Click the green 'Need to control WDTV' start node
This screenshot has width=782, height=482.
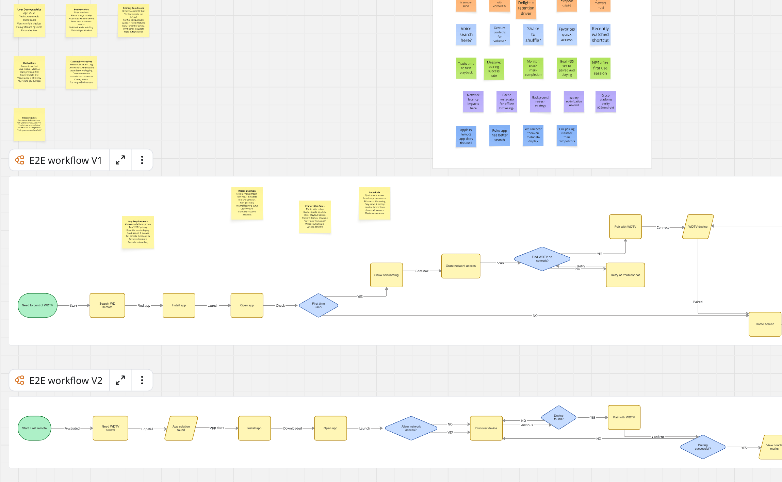(x=37, y=305)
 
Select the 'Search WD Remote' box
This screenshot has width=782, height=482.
(x=107, y=305)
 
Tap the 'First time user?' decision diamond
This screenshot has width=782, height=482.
(x=318, y=305)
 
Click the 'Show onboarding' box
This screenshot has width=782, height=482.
(x=386, y=275)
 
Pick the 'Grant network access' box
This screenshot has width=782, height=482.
(x=460, y=266)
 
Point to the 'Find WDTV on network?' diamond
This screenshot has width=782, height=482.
(x=542, y=259)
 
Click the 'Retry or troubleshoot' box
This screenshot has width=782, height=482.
(x=625, y=275)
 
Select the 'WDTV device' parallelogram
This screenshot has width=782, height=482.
(x=698, y=227)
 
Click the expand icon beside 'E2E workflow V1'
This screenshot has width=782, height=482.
(x=120, y=160)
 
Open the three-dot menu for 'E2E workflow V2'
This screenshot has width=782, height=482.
(x=142, y=380)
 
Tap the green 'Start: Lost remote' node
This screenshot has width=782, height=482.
(x=34, y=428)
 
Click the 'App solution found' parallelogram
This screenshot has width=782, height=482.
(x=181, y=428)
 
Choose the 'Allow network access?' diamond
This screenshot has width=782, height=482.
(x=411, y=428)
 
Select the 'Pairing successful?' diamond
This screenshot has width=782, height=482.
(x=702, y=447)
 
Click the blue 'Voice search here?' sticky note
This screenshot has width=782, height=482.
(x=466, y=34)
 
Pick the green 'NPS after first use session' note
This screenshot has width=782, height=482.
(x=600, y=68)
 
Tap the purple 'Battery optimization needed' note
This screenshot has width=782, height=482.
(x=574, y=101)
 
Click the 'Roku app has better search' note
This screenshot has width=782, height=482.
(x=499, y=135)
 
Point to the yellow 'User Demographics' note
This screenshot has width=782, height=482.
(x=29, y=20)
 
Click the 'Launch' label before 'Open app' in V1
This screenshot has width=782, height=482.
(x=213, y=306)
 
